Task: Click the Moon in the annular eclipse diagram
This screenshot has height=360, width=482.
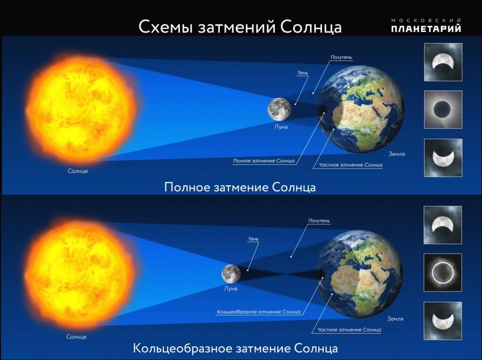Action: pos(232,273)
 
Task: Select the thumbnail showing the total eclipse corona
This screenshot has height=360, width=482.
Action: pos(443,110)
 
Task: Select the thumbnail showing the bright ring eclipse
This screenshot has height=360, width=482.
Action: pos(443,272)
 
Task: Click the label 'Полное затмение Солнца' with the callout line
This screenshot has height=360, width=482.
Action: pos(264,161)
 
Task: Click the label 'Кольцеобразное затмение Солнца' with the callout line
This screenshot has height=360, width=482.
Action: pos(258,312)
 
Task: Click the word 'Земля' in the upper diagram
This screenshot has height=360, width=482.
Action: pos(397,154)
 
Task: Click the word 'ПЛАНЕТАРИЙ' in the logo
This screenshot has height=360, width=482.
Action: pos(426,29)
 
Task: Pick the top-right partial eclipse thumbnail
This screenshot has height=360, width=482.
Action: pos(443,62)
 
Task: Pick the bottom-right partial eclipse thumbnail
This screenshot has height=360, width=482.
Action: pos(443,320)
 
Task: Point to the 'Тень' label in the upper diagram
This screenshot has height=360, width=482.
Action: pos(303,73)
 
